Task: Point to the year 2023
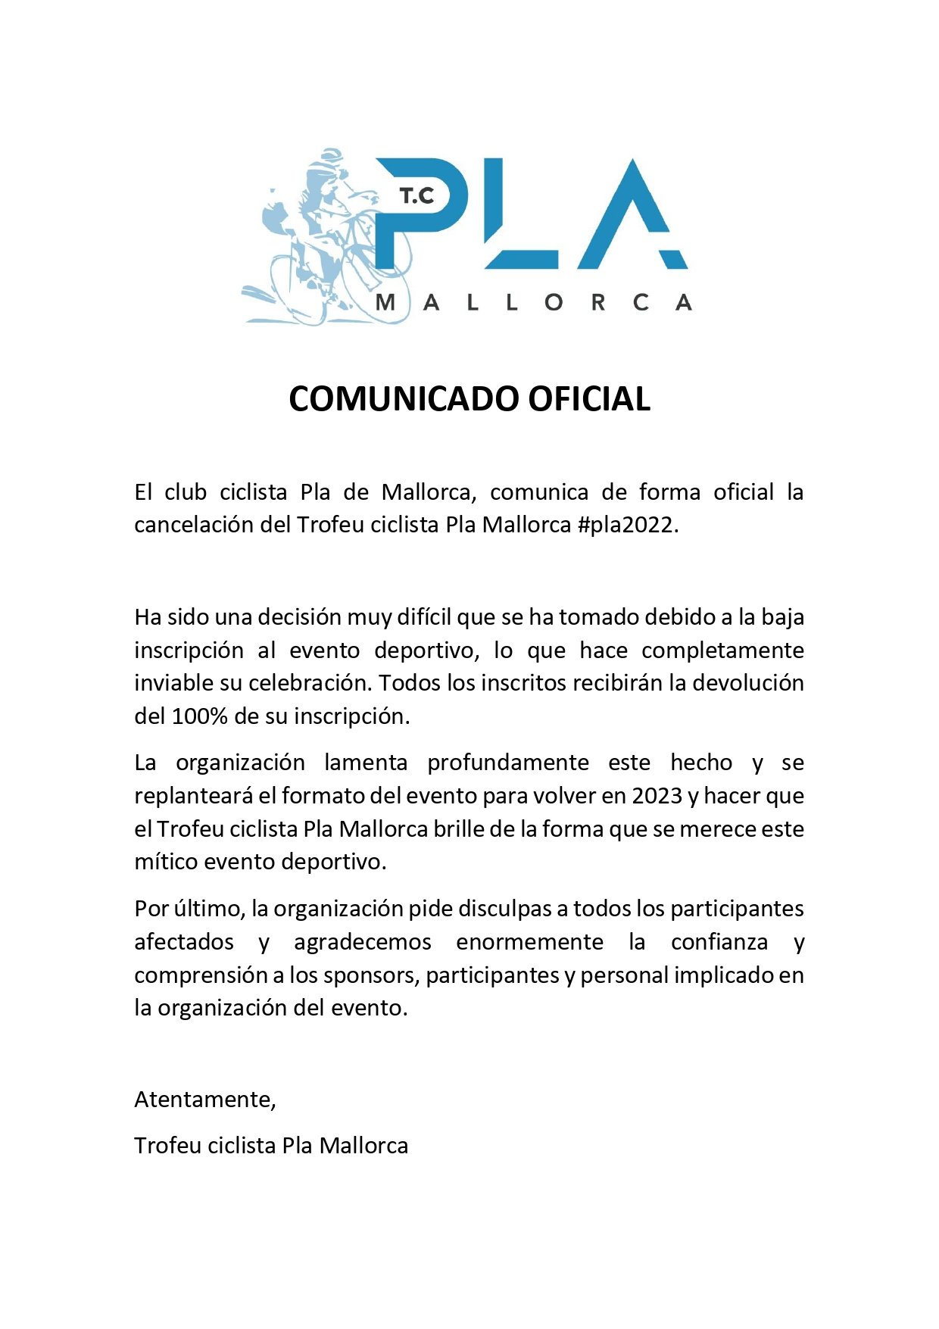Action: pos(657,796)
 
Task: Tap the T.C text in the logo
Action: pos(417,197)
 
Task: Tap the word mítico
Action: pos(166,862)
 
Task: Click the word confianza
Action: pos(719,942)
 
